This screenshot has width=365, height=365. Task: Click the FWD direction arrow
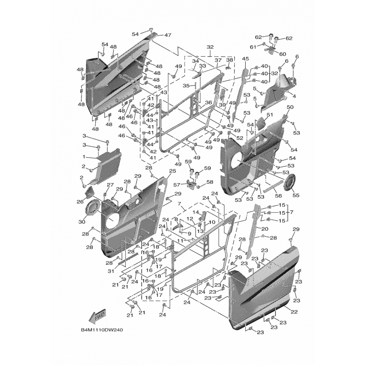click(97, 316)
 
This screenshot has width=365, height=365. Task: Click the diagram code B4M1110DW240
click(102, 330)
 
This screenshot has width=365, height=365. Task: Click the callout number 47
click(168, 35)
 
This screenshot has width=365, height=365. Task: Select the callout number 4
click(294, 97)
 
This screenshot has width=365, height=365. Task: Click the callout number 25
click(172, 171)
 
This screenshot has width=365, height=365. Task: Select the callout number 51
click(270, 115)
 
